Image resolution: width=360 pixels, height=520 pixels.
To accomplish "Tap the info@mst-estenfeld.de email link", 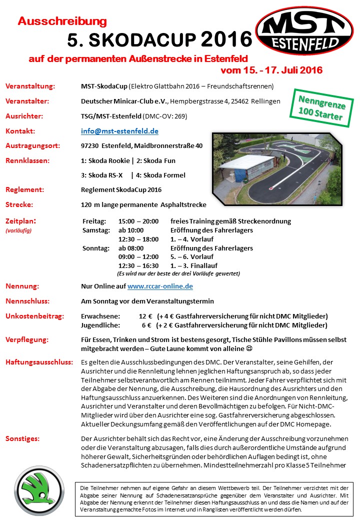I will pyautogui.click(x=119, y=131).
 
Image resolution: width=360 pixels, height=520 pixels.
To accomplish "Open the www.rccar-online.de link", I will pyautogui.click(x=160, y=286).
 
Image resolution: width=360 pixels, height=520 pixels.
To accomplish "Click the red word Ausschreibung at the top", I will pyautogui.click(x=62, y=21).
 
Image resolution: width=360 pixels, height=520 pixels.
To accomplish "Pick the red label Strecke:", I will pyautogui.click(x=19, y=204).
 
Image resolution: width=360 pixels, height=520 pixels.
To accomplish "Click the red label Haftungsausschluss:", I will pyautogui.click(x=39, y=361).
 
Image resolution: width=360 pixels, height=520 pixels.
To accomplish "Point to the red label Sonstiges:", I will pyautogui.click(x=22, y=438).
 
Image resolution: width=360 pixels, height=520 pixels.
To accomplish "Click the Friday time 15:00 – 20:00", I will pyautogui.click(x=138, y=221).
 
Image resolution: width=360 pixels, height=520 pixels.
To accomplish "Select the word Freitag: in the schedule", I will pyautogui.click(x=94, y=221).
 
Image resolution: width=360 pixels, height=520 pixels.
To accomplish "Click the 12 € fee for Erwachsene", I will pyautogui.click(x=145, y=316).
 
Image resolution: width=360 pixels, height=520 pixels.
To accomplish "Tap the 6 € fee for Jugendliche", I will pyautogui.click(x=146, y=325).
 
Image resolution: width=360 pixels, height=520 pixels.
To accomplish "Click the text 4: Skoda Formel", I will pyautogui.click(x=160, y=175).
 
